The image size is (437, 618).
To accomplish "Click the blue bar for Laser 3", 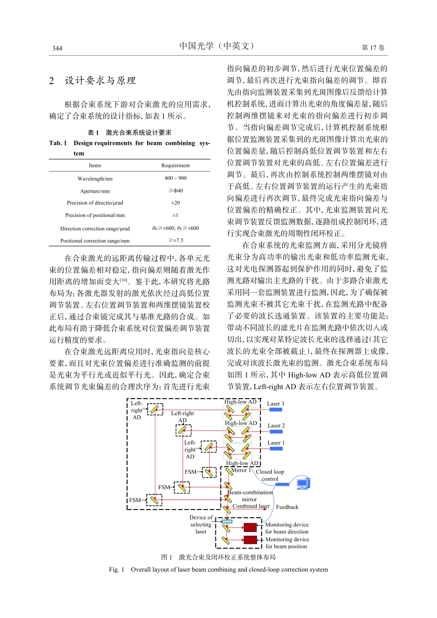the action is click(x=276, y=409).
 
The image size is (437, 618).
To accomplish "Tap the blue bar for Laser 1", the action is click(x=276, y=448).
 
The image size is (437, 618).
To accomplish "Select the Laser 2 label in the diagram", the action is click(x=276, y=426).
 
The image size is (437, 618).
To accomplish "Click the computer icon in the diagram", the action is click(x=303, y=483).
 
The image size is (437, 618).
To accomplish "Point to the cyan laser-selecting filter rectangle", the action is click(x=227, y=521).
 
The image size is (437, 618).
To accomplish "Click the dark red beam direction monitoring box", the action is click(x=250, y=527).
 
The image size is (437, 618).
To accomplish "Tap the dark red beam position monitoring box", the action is click(x=250, y=540).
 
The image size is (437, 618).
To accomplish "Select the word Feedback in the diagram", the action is click(x=287, y=507).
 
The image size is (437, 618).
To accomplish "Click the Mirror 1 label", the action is click(x=241, y=470).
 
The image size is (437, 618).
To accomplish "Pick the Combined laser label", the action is click(x=251, y=506).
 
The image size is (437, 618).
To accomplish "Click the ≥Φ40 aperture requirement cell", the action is click(x=176, y=191).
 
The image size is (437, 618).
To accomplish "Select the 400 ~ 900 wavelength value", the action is click(x=176, y=178).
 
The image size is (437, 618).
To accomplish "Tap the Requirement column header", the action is click(x=175, y=166).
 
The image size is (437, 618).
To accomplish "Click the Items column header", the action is click(x=95, y=166).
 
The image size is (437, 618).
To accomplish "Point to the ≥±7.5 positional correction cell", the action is click(x=176, y=240).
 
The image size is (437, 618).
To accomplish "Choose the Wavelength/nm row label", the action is click(x=95, y=178).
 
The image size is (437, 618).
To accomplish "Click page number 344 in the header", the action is click(x=57, y=48).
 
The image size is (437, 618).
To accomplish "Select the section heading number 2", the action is click(x=52, y=81).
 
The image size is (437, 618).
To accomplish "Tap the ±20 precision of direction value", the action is click(x=176, y=203).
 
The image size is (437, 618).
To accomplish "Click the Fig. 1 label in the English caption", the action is click(x=116, y=570).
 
